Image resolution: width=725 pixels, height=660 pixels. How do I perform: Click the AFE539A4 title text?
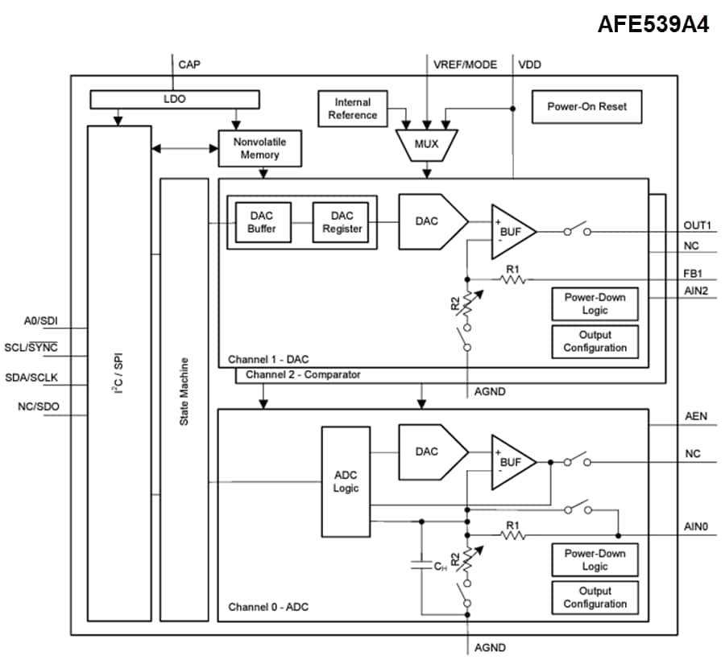(652, 24)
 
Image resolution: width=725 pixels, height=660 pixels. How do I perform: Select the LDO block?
(174, 98)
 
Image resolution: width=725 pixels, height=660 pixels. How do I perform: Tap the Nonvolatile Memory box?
(259, 148)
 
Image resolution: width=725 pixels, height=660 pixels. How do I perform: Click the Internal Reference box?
(352, 109)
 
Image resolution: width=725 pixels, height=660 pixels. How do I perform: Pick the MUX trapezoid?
(427, 144)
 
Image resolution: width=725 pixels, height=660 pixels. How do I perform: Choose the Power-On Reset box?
(586, 106)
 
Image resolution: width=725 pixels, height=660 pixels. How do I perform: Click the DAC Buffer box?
(262, 221)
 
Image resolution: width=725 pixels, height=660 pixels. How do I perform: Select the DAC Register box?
(342, 221)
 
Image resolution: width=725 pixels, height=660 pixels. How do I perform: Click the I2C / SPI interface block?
(119, 373)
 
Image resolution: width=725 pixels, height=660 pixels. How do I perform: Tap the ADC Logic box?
(346, 481)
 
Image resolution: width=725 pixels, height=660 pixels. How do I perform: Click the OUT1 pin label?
(697, 225)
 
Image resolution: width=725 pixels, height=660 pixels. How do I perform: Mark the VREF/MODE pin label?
(465, 64)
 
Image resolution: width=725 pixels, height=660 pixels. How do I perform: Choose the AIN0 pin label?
(697, 528)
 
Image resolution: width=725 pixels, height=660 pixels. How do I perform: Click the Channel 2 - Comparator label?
(303, 375)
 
